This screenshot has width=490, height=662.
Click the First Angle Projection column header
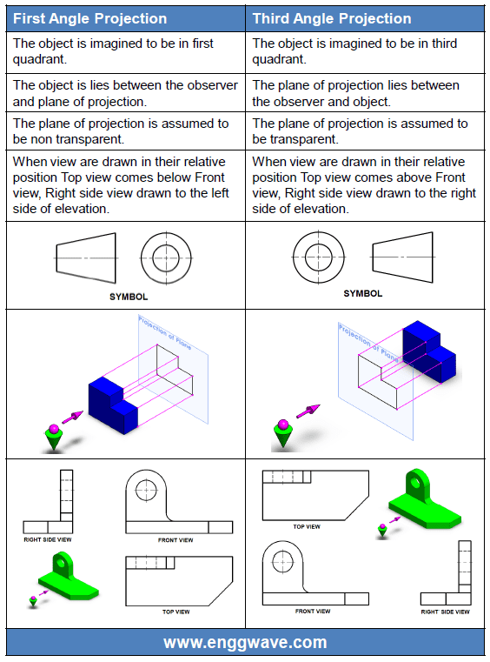89,18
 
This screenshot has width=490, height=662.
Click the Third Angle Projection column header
332,18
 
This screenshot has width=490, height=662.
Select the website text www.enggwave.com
245,643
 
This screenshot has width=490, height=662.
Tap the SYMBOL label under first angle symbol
128,297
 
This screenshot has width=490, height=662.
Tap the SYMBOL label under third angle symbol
362,293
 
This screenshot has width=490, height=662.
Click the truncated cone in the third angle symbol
402,257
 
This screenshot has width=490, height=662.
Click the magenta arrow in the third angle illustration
305,411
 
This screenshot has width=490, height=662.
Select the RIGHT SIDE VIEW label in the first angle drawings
47,540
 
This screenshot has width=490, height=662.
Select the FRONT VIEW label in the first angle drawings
175,540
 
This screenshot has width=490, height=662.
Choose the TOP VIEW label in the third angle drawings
306,526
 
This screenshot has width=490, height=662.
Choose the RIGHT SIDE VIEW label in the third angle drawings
445,612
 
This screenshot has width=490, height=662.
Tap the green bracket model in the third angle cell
423,503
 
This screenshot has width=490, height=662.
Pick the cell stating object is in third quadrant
365,51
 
